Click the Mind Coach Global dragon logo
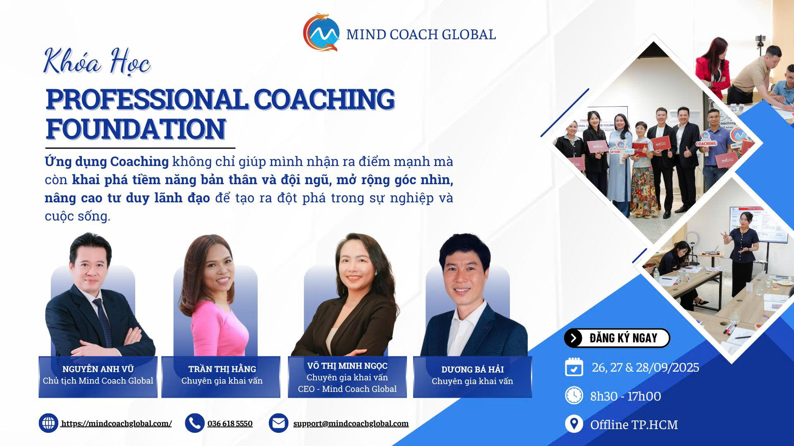pos(321,32)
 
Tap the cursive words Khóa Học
pos(97,63)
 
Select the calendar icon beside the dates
pos(574,367)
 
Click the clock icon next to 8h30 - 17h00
pos(574,395)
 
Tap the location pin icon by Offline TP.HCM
pos(574,424)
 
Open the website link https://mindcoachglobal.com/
pos(116,423)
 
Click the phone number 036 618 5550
pos(230,423)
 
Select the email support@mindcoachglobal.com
pos(351,423)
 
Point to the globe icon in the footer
pos(48,423)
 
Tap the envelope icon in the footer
pos(278,423)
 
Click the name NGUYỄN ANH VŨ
pos(98,369)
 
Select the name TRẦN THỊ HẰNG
pos(222,369)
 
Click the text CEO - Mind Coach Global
pos(347,389)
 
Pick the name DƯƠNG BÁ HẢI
pos(472,369)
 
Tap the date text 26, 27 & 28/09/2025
pos(646,367)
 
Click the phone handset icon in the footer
pos(194,423)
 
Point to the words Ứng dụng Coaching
pos(107,161)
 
